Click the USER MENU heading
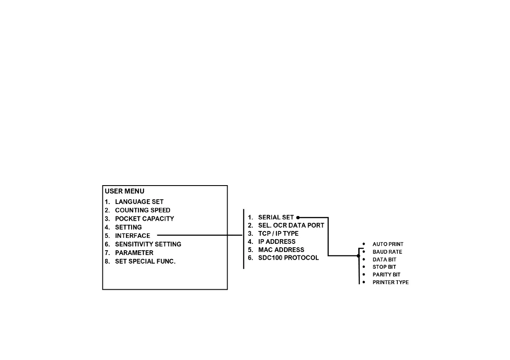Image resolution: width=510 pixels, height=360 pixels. tap(125, 192)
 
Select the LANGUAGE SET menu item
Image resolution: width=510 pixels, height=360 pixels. tap(139, 202)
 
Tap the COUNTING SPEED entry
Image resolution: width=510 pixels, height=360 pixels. tap(142, 210)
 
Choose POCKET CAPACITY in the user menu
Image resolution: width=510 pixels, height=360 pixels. tap(144, 219)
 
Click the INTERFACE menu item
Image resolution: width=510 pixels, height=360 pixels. tap(132, 236)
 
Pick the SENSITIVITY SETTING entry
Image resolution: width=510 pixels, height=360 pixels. tap(148, 244)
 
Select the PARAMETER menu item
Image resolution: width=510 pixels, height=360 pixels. tap(134, 253)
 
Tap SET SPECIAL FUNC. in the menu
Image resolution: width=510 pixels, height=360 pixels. tap(145, 261)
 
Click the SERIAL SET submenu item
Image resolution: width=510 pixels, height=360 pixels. tap(276, 217)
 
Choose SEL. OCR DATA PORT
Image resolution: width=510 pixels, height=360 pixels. tap(291, 225)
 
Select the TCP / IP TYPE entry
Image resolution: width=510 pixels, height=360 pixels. tap(278, 234)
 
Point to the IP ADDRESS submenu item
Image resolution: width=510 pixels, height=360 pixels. tap(276, 242)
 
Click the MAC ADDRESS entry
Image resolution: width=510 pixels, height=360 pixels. tap(281, 250)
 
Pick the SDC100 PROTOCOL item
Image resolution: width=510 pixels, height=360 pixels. tap(288, 258)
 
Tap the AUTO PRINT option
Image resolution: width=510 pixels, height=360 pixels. tap(388, 244)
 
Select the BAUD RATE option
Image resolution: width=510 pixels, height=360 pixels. tap(387, 252)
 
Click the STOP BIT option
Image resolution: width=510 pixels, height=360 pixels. tap(384, 267)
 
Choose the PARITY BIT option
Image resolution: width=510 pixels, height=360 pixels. tap(386, 275)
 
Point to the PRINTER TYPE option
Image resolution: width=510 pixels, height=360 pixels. tap(390, 282)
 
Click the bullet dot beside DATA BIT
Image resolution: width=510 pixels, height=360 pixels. tap(363, 259)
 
